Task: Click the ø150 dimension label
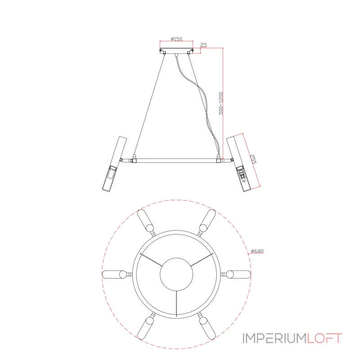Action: (176, 39)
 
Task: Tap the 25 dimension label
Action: (204, 45)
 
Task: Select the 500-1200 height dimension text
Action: (221, 103)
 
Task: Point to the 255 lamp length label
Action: (253, 159)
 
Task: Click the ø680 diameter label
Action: (257, 251)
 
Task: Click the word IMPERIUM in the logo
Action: (275, 338)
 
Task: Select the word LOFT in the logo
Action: (324, 338)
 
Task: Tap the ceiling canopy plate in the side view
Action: (176, 51)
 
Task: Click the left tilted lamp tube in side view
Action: (114, 164)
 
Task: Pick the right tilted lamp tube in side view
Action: (239, 164)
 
